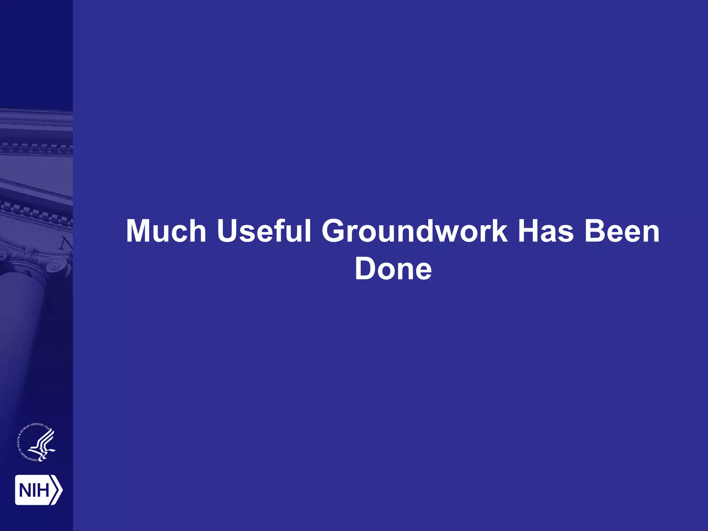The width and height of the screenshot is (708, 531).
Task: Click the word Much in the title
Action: (x=166, y=231)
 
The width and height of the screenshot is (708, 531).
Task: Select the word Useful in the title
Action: (x=264, y=231)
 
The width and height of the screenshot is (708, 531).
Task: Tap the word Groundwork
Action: (x=414, y=231)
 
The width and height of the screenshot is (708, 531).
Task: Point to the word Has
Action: (x=545, y=231)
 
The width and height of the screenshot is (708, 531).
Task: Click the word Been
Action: (x=622, y=231)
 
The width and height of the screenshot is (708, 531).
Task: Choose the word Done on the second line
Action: (x=393, y=269)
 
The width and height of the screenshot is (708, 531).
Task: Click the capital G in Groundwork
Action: (x=334, y=231)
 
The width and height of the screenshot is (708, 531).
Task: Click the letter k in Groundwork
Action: (x=499, y=231)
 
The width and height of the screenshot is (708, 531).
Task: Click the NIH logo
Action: (x=38, y=490)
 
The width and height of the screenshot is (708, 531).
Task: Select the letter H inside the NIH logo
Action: (x=43, y=490)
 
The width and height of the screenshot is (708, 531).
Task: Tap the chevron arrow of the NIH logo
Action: (x=57, y=490)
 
